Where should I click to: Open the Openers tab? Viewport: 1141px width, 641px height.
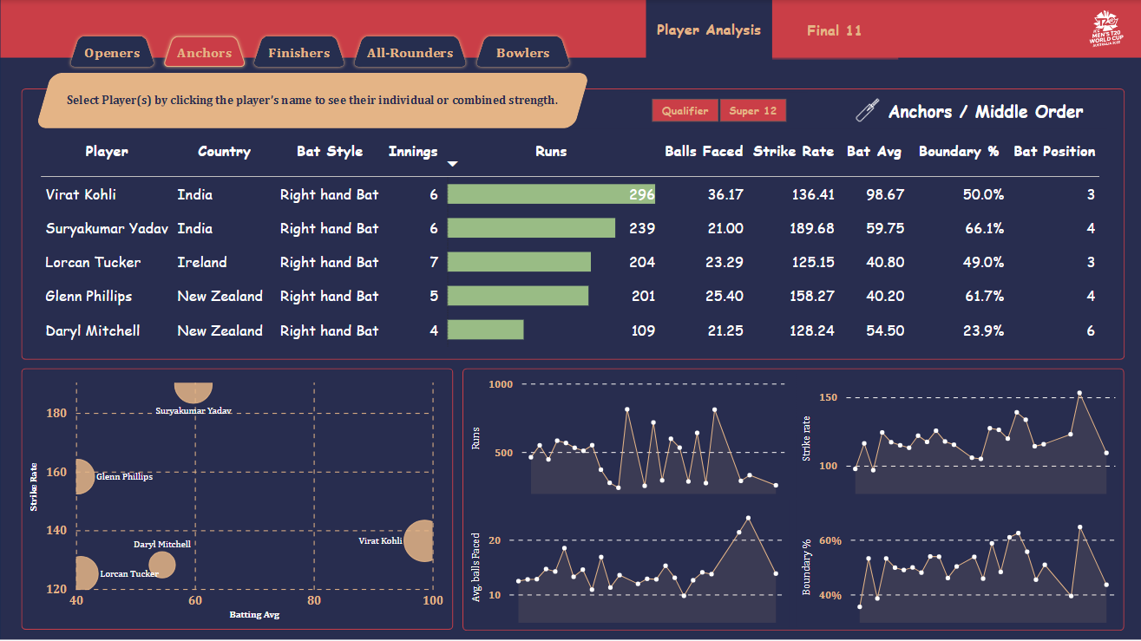(112, 53)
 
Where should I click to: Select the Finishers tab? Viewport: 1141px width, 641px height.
(298, 53)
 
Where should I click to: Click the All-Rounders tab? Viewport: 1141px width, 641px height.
(410, 53)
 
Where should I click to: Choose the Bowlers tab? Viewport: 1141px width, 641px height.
(522, 53)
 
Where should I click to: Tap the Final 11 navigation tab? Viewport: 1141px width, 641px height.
(834, 30)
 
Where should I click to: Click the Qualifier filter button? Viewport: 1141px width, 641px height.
(685, 111)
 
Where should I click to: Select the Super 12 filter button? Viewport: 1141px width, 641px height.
(752, 111)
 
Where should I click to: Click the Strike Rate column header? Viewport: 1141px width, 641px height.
(793, 151)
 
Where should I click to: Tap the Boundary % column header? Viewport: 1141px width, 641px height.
(959, 151)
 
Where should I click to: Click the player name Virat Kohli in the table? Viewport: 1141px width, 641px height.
(81, 194)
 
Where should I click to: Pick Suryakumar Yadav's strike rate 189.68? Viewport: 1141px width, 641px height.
(812, 228)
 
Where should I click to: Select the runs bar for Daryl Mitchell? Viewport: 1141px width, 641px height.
(485, 330)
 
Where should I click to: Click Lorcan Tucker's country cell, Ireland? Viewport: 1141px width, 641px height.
(202, 262)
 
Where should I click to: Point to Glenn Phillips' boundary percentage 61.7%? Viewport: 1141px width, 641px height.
(983, 296)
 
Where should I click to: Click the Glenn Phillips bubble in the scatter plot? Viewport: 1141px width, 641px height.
(83, 476)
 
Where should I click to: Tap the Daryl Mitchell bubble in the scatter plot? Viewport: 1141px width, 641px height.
(161, 565)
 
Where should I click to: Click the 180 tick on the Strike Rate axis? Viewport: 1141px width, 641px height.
(56, 413)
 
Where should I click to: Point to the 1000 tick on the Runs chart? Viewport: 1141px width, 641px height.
(502, 384)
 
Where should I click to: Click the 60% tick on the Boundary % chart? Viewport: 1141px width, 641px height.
(830, 540)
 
